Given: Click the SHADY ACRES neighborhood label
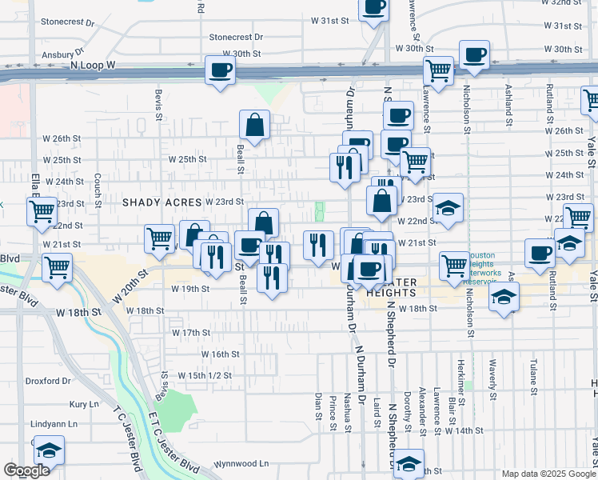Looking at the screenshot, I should (x=161, y=202).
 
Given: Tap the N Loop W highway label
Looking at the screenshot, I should (x=94, y=64).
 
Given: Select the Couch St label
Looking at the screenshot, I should (x=97, y=188).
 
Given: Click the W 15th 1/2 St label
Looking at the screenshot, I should (x=205, y=374).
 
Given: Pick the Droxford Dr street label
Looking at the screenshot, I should (x=48, y=381).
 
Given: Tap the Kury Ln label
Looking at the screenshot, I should (x=83, y=405).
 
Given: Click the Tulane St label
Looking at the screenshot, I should (x=532, y=372).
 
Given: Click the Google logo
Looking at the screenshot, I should (x=27, y=470).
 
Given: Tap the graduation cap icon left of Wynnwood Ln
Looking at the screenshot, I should (x=49, y=450).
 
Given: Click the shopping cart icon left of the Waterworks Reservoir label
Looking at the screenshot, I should (x=454, y=265).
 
